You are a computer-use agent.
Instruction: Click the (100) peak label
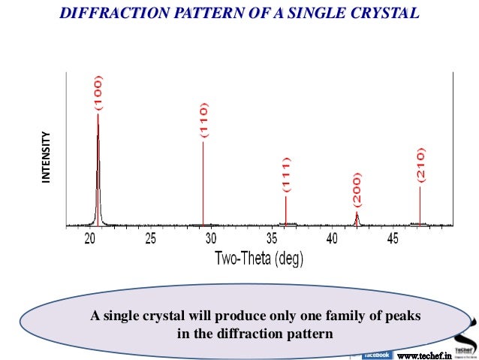click(99, 92)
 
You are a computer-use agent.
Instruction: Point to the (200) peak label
click(357, 191)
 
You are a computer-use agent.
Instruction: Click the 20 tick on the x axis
click(90, 239)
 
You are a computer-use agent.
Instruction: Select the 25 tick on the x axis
click(150, 239)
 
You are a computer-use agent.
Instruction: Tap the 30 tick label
click(211, 239)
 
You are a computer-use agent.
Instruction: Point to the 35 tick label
click(271, 239)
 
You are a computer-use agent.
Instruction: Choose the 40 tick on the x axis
click(332, 239)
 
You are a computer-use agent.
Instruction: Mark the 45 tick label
click(392, 239)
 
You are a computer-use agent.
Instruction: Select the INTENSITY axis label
click(47, 158)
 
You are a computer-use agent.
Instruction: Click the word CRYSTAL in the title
click(378, 13)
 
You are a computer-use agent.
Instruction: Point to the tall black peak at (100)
click(98, 173)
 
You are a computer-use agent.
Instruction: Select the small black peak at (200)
click(357, 219)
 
